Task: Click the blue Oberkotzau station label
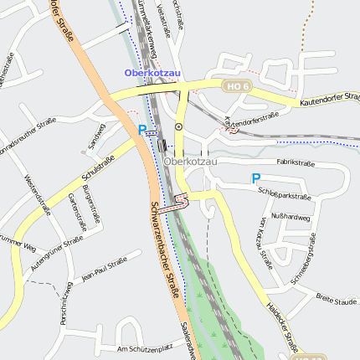point(152,73)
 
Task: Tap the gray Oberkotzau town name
point(191,161)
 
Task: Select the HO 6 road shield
point(235,85)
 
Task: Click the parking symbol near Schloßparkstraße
point(256,178)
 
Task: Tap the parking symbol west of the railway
point(142,130)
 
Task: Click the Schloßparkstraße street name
point(285,194)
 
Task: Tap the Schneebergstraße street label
point(304,265)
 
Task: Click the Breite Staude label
point(337,301)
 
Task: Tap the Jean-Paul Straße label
point(104,269)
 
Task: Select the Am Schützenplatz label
point(146,347)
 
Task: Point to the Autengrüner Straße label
point(57,252)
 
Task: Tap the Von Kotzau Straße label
point(265,243)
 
